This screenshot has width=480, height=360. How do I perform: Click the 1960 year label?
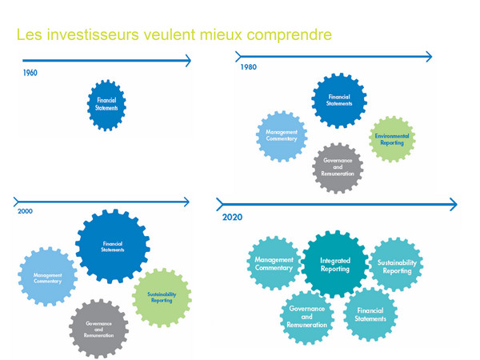[x=30, y=73]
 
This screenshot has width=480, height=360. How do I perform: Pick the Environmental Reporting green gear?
[x=393, y=138]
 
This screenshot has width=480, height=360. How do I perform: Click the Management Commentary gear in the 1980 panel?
[x=281, y=137]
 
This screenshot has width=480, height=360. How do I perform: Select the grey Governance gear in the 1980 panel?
[x=338, y=167]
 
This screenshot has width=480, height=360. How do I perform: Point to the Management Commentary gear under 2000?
[x=48, y=278]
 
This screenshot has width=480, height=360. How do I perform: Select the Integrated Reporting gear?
[x=335, y=265]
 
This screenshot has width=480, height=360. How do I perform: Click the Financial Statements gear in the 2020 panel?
[x=370, y=314]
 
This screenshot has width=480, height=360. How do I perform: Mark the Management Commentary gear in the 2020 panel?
[x=274, y=263]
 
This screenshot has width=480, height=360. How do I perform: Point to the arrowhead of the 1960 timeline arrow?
[x=188, y=60]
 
